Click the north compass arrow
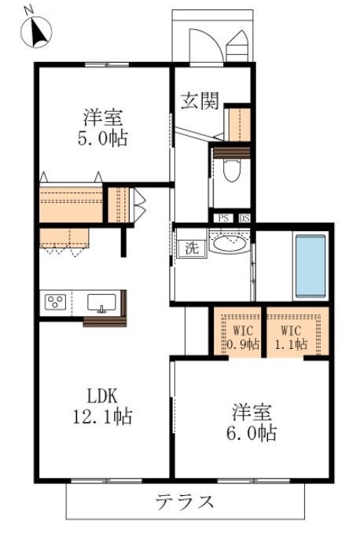pos(39,31)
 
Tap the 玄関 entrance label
pos(200,101)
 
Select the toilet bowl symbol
pos(233,170)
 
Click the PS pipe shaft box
pos(223,218)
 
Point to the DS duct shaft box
pos(244,218)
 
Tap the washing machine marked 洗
pos(192,248)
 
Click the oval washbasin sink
pos(229,244)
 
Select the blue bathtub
pos(310,266)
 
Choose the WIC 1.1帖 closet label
pos(291,337)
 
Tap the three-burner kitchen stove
pos(55,302)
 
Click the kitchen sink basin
pos(101,302)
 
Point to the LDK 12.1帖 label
pos(102,406)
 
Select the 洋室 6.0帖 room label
pos(252,422)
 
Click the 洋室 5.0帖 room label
pos(102,127)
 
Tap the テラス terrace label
pos(185,502)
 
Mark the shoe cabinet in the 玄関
pos(239,125)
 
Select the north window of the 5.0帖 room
pos(107,64)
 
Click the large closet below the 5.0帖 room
pos(71,205)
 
